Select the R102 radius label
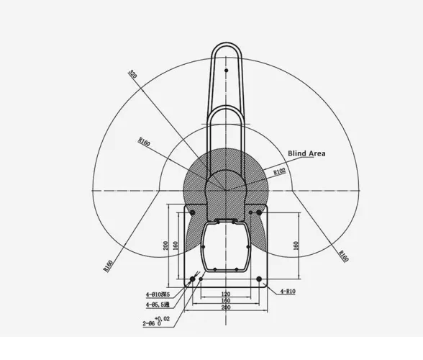[279, 171]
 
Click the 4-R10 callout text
[287, 291]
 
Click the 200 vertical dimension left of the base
[165, 245]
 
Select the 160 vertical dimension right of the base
[296, 245]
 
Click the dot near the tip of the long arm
[226, 70]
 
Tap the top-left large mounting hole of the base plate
[193, 212]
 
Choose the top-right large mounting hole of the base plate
[258, 212]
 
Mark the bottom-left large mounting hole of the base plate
[193, 279]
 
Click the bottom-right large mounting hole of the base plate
[258, 279]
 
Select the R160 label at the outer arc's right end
[343, 256]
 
